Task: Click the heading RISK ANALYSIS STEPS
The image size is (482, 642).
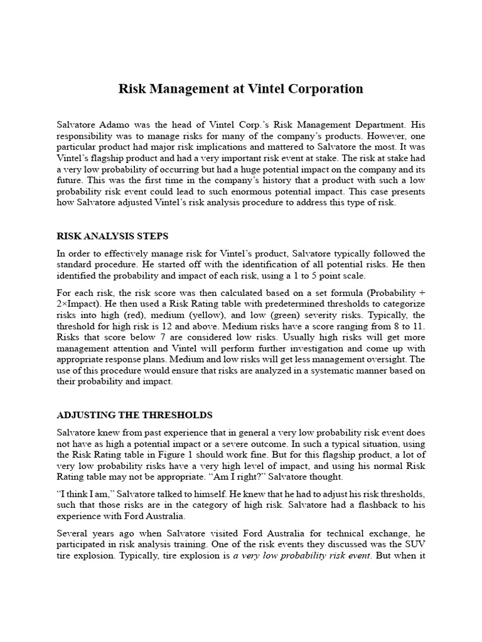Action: click(x=112, y=236)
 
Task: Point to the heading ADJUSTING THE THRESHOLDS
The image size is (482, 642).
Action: click(x=134, y=415)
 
